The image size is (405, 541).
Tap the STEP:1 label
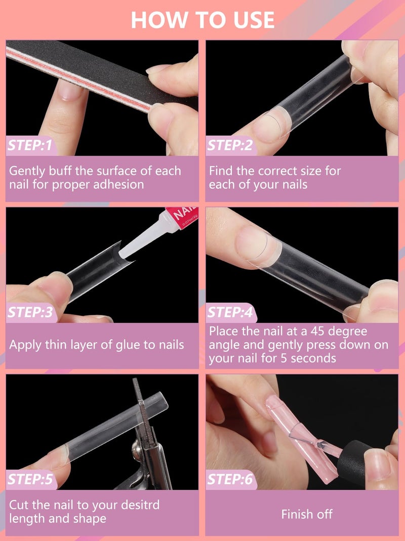coord(30,146)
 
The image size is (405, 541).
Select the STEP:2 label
coord(230,146)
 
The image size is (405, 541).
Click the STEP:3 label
coord(30,313)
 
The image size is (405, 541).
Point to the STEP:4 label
coord(230,313)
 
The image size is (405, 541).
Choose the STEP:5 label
coord(30,479)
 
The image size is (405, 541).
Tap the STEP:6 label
coord(230,479)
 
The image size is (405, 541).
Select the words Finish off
coord(307,514)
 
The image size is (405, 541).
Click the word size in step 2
coord(312,171)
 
